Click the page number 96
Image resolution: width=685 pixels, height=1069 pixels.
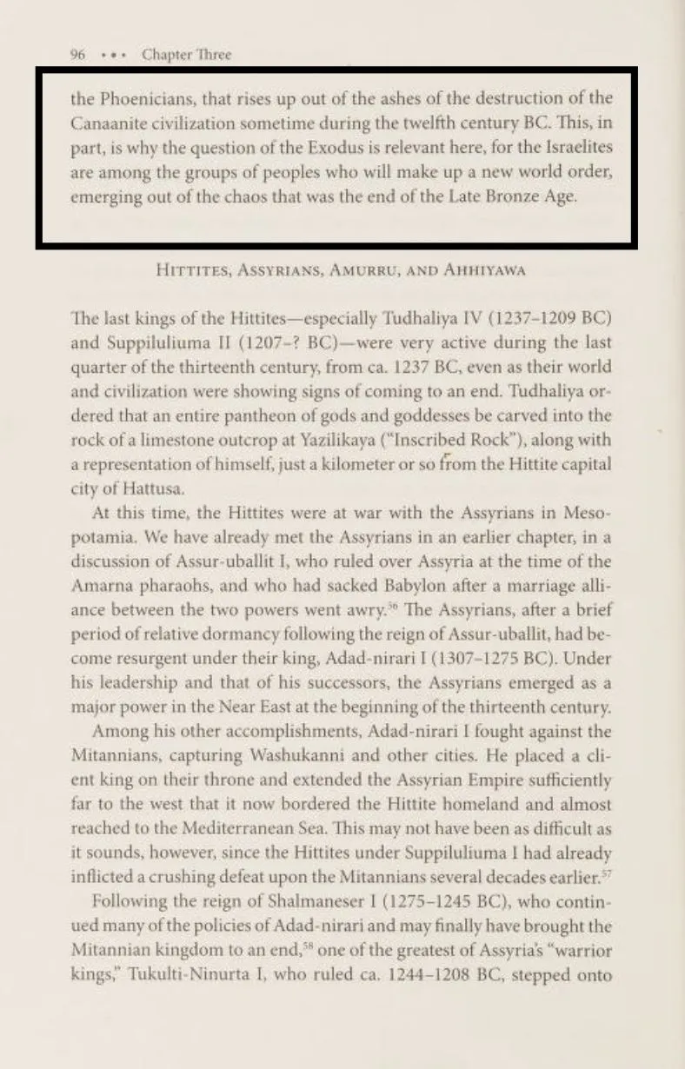76,55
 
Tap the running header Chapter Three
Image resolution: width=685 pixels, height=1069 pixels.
187,55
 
